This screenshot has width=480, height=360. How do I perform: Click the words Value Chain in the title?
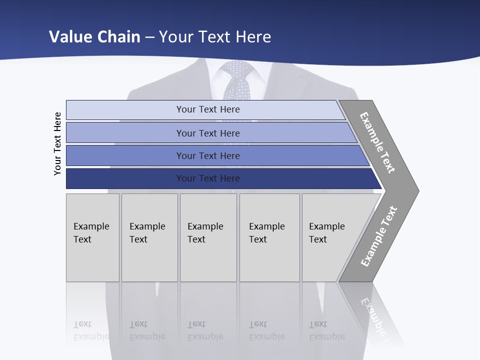pos(94,36)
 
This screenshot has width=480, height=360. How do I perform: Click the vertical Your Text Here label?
pos(57,144)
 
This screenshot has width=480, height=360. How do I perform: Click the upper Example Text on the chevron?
pos(377,143)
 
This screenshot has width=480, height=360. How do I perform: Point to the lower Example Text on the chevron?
pos(378,236)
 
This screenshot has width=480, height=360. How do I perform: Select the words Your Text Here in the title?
pos(215,36)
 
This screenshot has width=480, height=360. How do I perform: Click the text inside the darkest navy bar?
pos(208,178)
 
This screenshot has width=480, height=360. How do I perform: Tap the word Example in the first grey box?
pos(91,226)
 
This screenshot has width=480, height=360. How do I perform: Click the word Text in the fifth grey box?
pos(318,239)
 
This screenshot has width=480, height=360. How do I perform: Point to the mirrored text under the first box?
pos(91,330)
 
